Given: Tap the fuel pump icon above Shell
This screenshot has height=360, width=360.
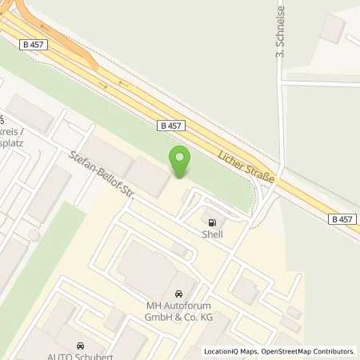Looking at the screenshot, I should click(212, 222).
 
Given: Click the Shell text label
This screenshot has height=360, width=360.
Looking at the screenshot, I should click(212, 234).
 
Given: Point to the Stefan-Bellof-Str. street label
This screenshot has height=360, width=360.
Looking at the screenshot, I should click(101, 174).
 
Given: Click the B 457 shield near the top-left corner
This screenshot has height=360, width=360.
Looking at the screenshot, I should click(33, 45).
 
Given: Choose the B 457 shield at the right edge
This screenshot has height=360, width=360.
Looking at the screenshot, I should click(342, 218).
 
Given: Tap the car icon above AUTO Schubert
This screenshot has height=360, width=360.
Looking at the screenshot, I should click(80, 345).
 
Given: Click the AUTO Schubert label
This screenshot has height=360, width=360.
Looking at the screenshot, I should click(80, 355).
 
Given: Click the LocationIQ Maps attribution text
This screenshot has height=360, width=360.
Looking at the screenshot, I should click(231, 351).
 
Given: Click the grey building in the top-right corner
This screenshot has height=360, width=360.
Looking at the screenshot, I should click(331, 28).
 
